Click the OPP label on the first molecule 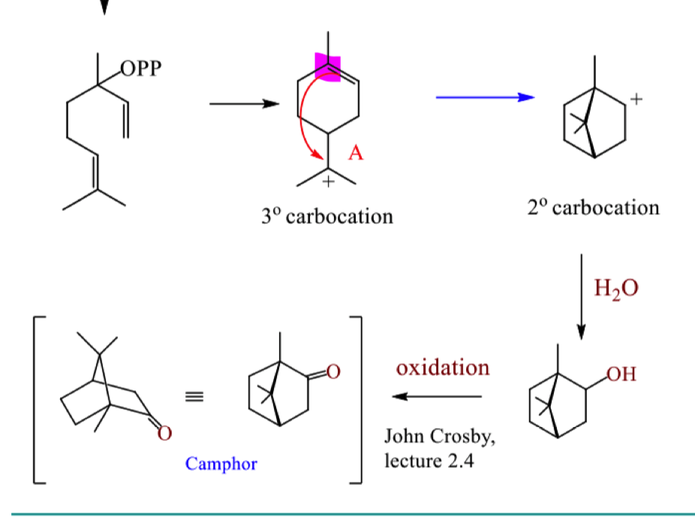(141, 69)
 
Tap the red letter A (356, 152)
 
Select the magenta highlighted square (327, 67)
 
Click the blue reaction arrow (486, 97)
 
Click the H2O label (616, 288)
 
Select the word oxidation (443, 368)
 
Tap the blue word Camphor (221, 464)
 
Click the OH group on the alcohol (621, 374)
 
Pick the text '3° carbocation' (327, 216)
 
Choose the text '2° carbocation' (594, 207)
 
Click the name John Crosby (439, 437)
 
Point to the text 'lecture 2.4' (429, 461)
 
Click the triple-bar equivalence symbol (194, 396)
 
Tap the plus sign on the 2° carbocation (636, 99)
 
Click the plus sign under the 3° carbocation (328, 182)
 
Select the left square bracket (40, 400)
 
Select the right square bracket (356, 400)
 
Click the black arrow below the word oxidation (437, 396)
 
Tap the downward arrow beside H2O (582, 297)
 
